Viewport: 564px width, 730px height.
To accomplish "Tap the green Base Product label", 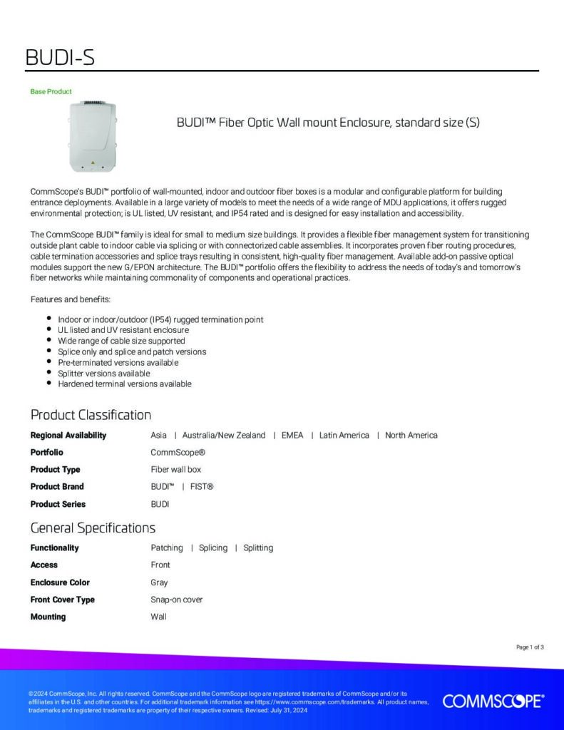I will pos(51,92).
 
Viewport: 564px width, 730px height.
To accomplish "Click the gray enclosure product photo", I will pos(92,137).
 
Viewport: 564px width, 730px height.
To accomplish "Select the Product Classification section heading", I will pos(91,415).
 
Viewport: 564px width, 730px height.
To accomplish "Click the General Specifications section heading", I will pos(93,528).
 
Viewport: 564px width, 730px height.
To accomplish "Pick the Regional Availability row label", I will pos(68,435).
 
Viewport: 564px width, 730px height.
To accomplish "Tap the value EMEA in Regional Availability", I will pos(292,435).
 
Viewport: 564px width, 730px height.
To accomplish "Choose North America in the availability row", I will pos(411,435).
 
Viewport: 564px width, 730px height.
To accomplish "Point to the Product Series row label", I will pos(58,504).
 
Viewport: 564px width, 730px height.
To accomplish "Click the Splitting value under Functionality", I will pos(258,548).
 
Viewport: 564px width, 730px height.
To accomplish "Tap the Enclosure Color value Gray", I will pos(159,582).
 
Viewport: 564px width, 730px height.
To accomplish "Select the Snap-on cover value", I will pos(177,600).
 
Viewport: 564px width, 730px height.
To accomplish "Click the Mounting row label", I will pos(48,617).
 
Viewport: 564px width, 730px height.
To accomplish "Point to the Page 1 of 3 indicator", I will pos(530,647).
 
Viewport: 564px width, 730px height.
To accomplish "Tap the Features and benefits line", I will pos(70,299).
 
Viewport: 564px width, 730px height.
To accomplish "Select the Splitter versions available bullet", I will pos(103,373).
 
